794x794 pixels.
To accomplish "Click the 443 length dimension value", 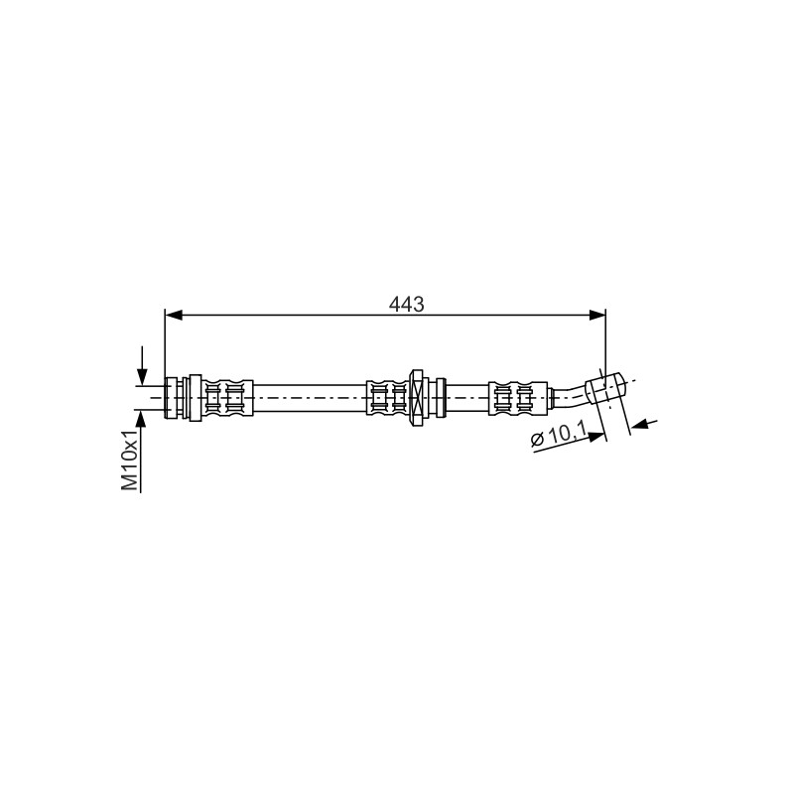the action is click(x=406, y=305).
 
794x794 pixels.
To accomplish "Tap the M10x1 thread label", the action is click(x=130, y=461).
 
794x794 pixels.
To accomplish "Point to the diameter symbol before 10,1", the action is click(x=536, y=440).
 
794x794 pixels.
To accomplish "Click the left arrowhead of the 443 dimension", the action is click(x=174, y=316).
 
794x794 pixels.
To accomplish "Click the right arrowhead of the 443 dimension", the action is click(x=597, y=316).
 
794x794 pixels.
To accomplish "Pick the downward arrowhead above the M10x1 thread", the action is click(x=142, y=376).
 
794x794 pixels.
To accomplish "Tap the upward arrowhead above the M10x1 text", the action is click(x=141, y=418).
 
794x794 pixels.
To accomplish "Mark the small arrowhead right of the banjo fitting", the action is click(x=640, y=425).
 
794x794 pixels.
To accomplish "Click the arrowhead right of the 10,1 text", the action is click(x=596, y=437).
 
